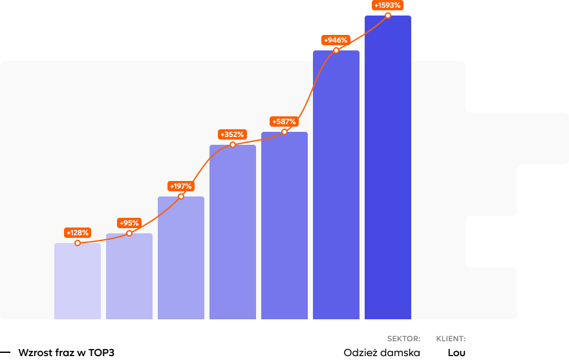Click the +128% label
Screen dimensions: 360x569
pos(78,233)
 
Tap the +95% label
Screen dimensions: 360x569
pos(129,223)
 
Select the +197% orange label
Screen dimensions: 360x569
pos(181,186)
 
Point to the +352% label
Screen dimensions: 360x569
pos(232,134)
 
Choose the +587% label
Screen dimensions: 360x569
pos(284,122)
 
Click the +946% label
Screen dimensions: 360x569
pos(336,40)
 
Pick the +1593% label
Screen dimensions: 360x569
pos(387,5)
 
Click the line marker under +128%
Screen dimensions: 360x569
pos(78,243)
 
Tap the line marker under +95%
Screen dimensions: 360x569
pos(129,233)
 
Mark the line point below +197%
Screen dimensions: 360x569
pos(181,196)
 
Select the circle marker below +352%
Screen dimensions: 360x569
pos(233,145)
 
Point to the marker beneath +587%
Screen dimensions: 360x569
pos(284,132)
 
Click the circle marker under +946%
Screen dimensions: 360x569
pos(336,50)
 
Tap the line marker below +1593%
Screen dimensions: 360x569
pos(388,16)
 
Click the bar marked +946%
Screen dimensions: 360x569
pos(336,187)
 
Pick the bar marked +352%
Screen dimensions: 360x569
pos(233,233)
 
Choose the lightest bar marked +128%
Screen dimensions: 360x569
pos(78,281)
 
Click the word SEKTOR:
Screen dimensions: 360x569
pos(403,339)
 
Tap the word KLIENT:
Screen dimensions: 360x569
pos(451,339)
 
